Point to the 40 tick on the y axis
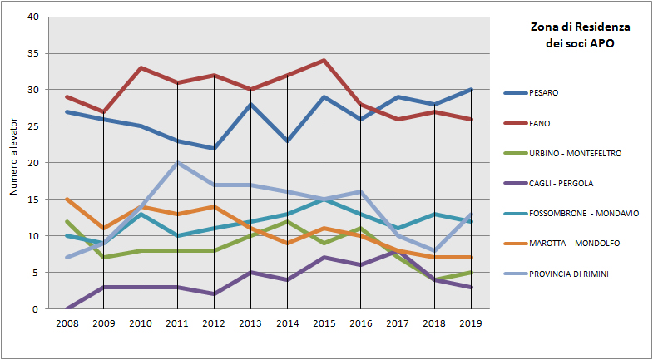pos(32,17)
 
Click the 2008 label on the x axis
pos(67,323)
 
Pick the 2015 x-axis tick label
pos(325,323)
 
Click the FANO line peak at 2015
pos(325,61)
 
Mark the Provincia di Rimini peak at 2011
pos(177,163)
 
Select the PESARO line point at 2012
pos(215,148)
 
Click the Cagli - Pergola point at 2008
pos(67,308)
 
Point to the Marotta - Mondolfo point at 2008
pos(67,200)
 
